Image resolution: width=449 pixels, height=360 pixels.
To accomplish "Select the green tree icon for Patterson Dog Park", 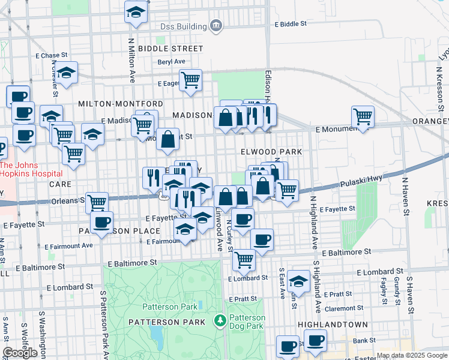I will click(220, 319).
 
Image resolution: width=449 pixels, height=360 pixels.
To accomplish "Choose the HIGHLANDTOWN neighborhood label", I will click(328, 324).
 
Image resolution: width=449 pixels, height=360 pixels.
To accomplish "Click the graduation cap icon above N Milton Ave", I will click(136, 11).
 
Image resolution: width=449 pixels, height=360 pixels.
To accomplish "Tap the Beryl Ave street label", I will click(171, 61).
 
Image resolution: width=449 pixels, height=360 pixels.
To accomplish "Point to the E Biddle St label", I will click(291, 24).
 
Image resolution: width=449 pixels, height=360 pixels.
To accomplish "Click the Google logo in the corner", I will click(20, 353).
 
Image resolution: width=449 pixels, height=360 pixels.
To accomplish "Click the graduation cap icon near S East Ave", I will click(298, 281).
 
